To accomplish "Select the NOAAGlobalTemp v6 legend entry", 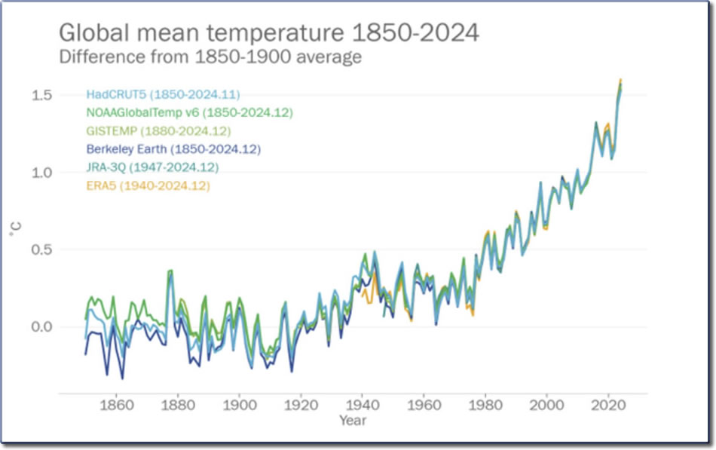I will pos(189,113).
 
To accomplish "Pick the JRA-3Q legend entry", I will pos(152,167).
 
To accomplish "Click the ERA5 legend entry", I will pos(148,185).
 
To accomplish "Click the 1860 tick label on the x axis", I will pos(116,404).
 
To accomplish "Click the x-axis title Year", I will pos(352,419).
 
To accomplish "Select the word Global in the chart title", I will pos(96,34).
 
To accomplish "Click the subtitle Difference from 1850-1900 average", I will pos(210,57).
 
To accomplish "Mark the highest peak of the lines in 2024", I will pos(620,79).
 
